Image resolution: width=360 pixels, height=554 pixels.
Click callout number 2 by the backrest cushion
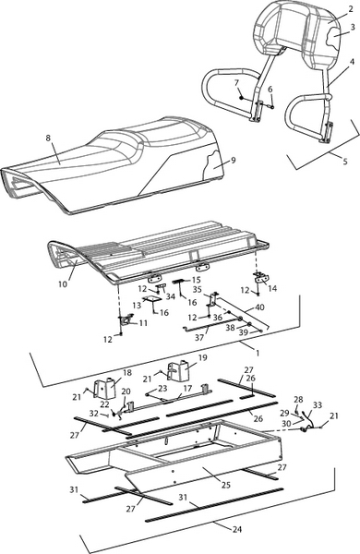351,9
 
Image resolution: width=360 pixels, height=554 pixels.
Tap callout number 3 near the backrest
353,27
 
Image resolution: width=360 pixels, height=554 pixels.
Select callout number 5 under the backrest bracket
345,162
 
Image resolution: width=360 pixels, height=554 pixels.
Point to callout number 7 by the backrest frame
236,83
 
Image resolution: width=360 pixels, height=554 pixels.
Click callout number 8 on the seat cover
48,138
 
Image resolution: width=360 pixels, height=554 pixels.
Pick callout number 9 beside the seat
233,160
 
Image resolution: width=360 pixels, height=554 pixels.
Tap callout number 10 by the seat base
63,283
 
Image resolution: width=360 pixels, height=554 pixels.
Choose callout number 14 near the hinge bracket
272,288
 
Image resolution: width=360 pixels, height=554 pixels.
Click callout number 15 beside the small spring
196,280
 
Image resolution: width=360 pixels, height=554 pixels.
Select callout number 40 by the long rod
259,307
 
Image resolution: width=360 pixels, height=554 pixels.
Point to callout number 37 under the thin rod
199,338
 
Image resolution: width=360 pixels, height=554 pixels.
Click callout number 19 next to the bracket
202,358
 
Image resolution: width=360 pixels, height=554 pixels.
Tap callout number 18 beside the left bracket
126,372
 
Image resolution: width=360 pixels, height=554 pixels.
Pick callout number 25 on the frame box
226,485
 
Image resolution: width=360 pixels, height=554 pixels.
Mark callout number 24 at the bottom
237,529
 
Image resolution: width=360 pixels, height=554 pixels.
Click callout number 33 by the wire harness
318,405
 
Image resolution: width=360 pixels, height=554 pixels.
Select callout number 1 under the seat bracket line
258,353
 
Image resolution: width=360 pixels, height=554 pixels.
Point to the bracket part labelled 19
181,370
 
